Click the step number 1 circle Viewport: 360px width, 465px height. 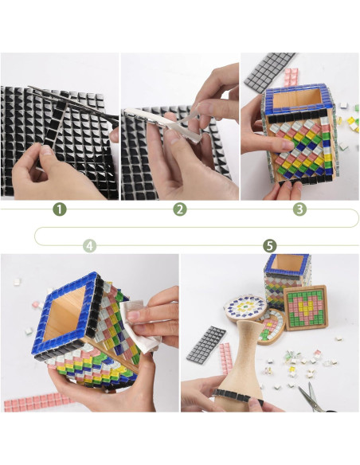[x=59, y=209]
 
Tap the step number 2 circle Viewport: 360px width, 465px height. [x=180, y=209]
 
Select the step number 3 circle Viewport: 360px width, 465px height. [x=299, y=209]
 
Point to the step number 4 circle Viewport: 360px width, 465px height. [x=89, y=246]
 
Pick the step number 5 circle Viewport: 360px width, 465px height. [x=269, y=246]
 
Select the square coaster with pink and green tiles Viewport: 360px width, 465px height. [x=305, y=307]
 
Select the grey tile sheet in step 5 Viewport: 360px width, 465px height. [x=205, y=345]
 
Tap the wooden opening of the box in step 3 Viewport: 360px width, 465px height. [x=296, y=100]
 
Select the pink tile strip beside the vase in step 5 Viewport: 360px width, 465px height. [x=225, y=358]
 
